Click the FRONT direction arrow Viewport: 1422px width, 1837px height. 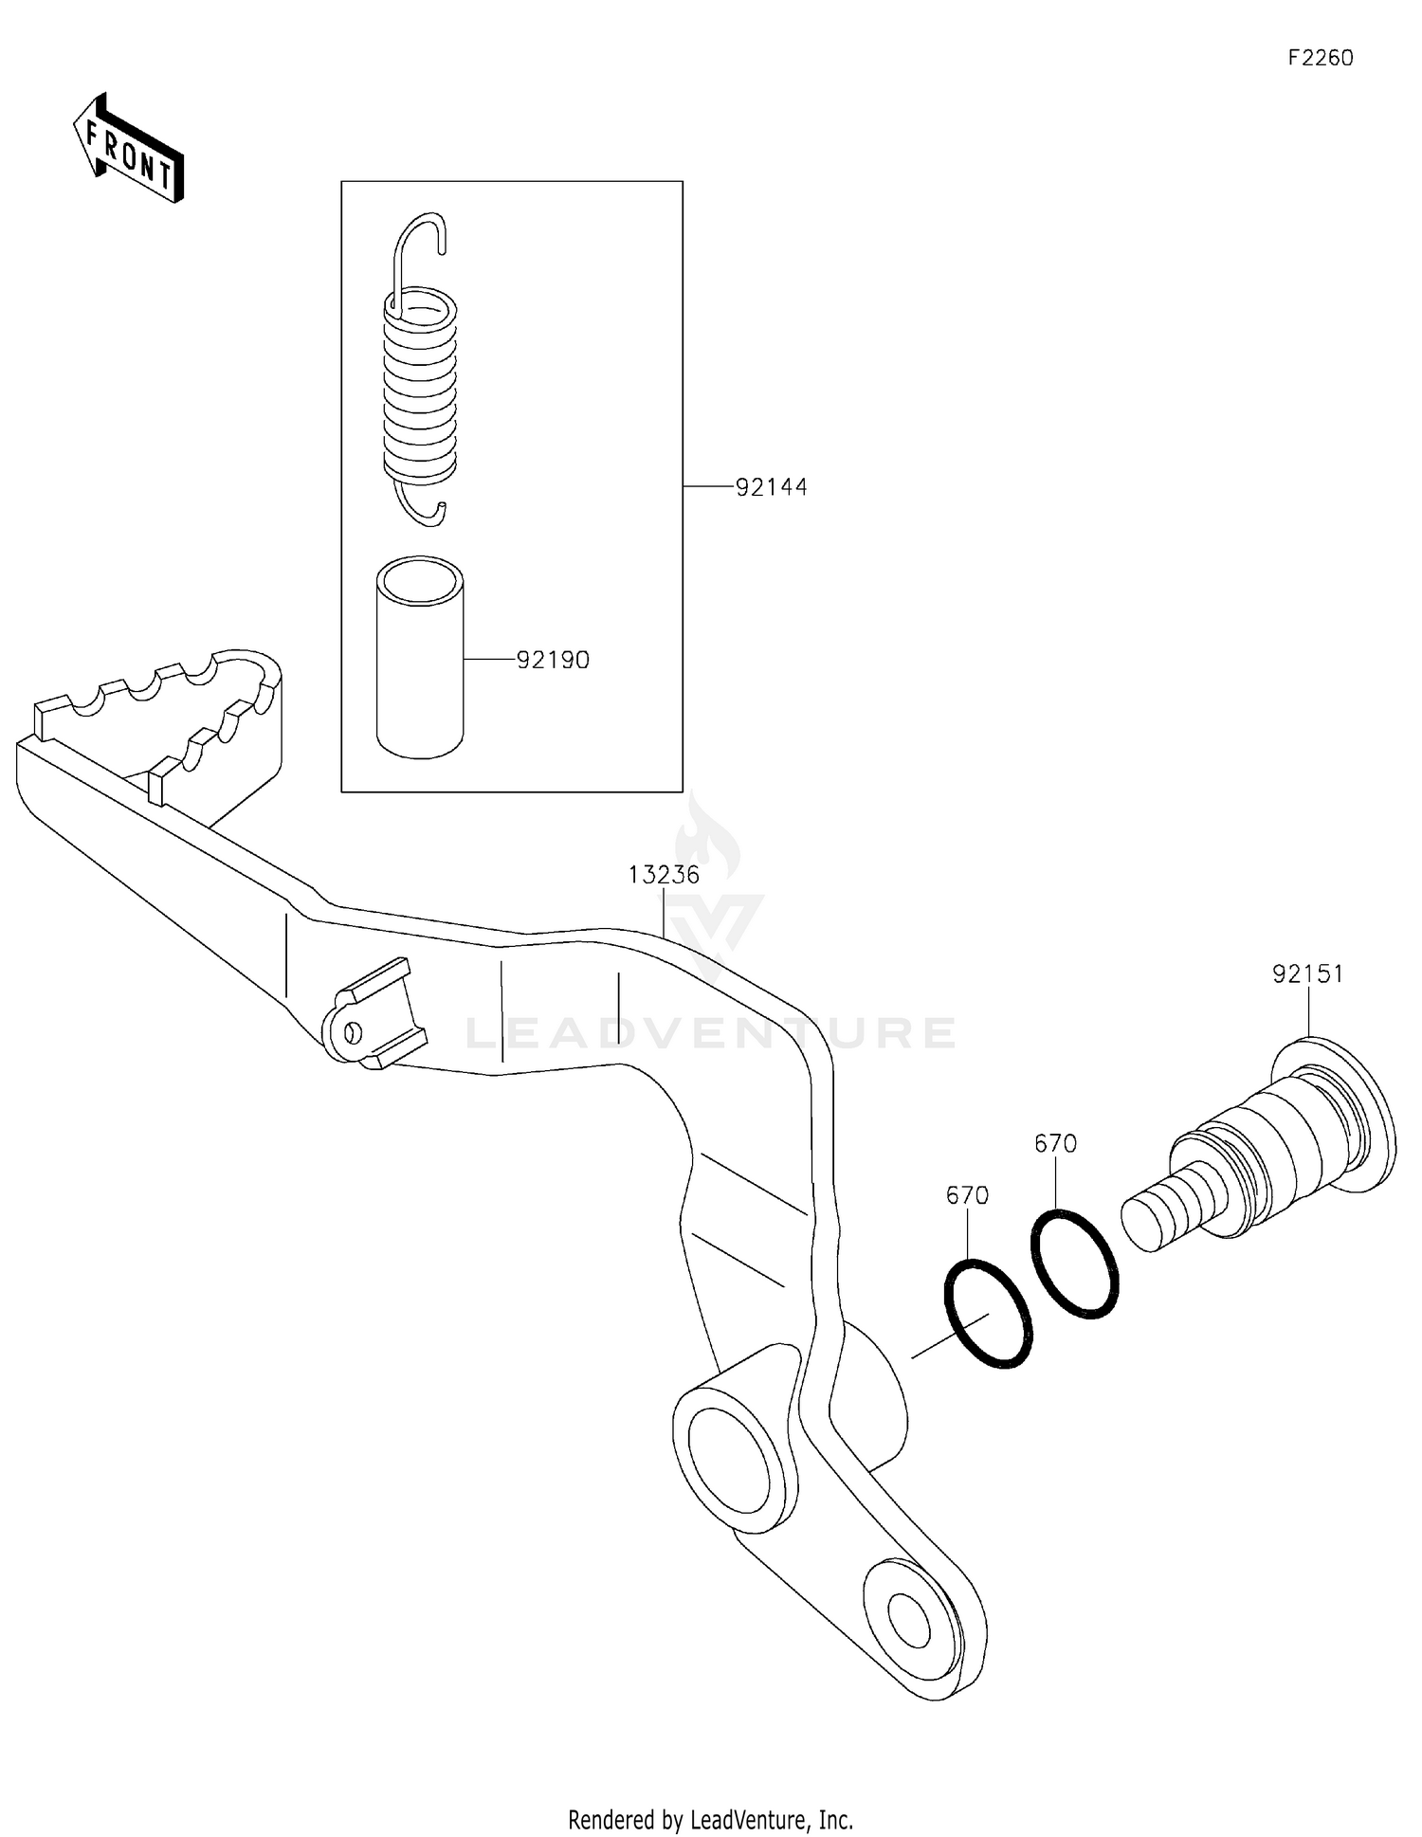point(129,150)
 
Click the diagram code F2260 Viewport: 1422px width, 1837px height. point(1320,58)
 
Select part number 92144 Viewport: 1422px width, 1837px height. point(772,487)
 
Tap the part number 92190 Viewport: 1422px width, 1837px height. point(553,660)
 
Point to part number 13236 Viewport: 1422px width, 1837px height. point(664,874)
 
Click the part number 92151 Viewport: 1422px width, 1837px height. point(1307,974)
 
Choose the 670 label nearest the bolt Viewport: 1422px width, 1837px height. point(1055,1144)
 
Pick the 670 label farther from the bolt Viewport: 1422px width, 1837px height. point(967,1195)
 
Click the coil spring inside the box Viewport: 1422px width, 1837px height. point(420,389)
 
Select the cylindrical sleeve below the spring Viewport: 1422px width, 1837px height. point(420,659)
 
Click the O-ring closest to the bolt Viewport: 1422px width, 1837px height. point(1075,1263)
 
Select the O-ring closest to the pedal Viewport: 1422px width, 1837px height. point(988,1314)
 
